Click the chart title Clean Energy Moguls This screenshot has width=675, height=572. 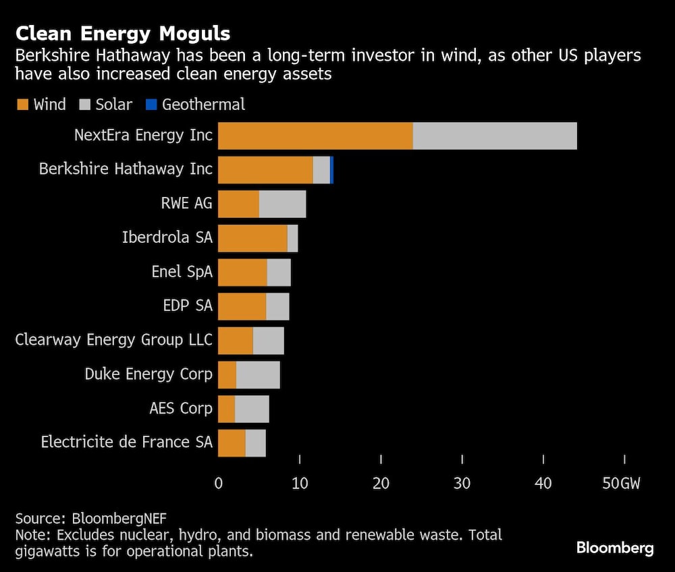[123, 34]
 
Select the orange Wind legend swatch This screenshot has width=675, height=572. [22, 105]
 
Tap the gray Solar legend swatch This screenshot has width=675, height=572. [84, 105]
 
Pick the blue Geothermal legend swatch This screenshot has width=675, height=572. [151, 105]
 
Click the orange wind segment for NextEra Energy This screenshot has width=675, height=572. [315, 136]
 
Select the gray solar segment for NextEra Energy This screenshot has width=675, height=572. [495, 136]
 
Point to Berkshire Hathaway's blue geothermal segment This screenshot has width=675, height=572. [331, 169]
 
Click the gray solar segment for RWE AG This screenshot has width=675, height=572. [282, 204]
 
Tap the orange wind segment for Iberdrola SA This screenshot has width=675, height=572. [252, 238]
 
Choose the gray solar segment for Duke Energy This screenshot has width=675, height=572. [258, 374]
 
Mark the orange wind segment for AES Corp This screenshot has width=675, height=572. [226, 409]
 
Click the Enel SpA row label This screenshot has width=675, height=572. [182, 272]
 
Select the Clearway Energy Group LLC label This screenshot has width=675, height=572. [113, 340]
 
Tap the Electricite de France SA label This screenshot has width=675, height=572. [127, 442]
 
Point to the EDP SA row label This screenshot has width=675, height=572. [188, 306]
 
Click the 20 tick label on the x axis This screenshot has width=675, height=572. [381, 484]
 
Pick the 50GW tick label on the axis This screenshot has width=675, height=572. [620, 484]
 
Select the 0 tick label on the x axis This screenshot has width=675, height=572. [218, 484]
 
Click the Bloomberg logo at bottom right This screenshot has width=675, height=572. [614, 547]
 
